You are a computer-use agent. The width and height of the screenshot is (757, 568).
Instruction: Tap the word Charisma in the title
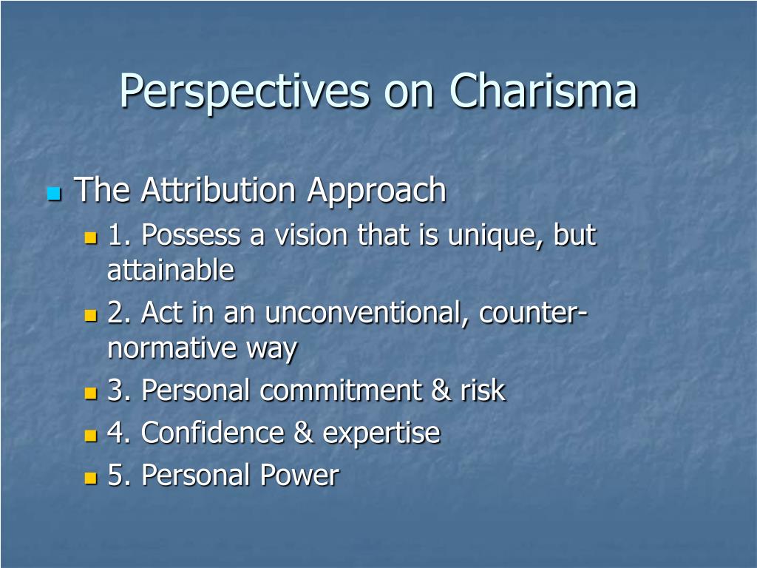(543, 90)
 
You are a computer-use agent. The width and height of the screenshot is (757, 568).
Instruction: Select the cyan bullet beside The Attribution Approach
(54, 195)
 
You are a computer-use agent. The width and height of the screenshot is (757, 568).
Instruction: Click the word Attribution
(218, 189)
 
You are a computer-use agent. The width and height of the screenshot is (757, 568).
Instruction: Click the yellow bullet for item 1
(90, 237)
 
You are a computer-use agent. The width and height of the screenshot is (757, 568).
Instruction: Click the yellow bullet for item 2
(90, 315)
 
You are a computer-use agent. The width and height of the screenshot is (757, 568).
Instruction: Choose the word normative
(172, 349)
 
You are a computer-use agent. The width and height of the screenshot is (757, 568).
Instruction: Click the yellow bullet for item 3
(90, 393)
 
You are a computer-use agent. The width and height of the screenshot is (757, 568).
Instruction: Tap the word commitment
(341, 390)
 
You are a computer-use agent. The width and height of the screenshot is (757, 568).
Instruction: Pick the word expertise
(381, 434)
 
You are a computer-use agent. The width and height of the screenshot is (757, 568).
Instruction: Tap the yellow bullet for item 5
(90, 478)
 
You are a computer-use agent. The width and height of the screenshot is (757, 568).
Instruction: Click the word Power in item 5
(299, 475)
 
